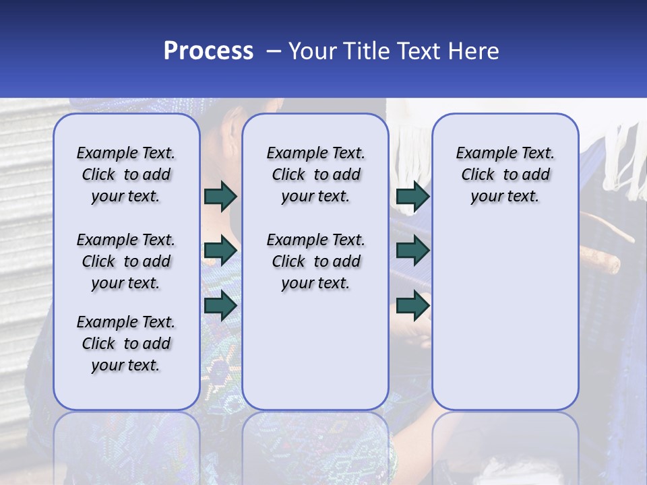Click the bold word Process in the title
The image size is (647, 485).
pyautogui.click(x=208, y=51)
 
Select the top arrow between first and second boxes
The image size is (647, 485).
pyautogui.click(x=220, y=196)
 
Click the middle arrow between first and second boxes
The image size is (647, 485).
pyautogui.click(x=220, y=251)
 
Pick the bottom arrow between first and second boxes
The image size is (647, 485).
pyautogui.click(x=220, y=305)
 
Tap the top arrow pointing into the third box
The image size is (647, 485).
pyautogui.click(x=412, y=196)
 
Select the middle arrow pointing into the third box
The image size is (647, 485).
pyautogui.click(x=412, y=251)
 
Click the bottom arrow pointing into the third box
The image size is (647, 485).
pyautogui.click(x=412, y=305)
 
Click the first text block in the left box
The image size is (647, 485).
pyautogui.click(x=125, y=174)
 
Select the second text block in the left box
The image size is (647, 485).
pyautogui.click(x=125, y=261)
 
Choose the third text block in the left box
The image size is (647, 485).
pyautogui.click(x=125, y=344)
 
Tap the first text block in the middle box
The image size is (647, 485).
pyautogui.click(x=315, y=174)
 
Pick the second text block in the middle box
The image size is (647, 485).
pyautogui.click(x=315, y=261)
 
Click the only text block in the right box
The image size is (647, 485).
pyautogui.click(x=505, y=174)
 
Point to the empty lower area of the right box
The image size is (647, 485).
pyautogui.click(x=505, y=317)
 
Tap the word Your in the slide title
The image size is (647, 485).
pyautogui.click(x=312, y=51)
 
